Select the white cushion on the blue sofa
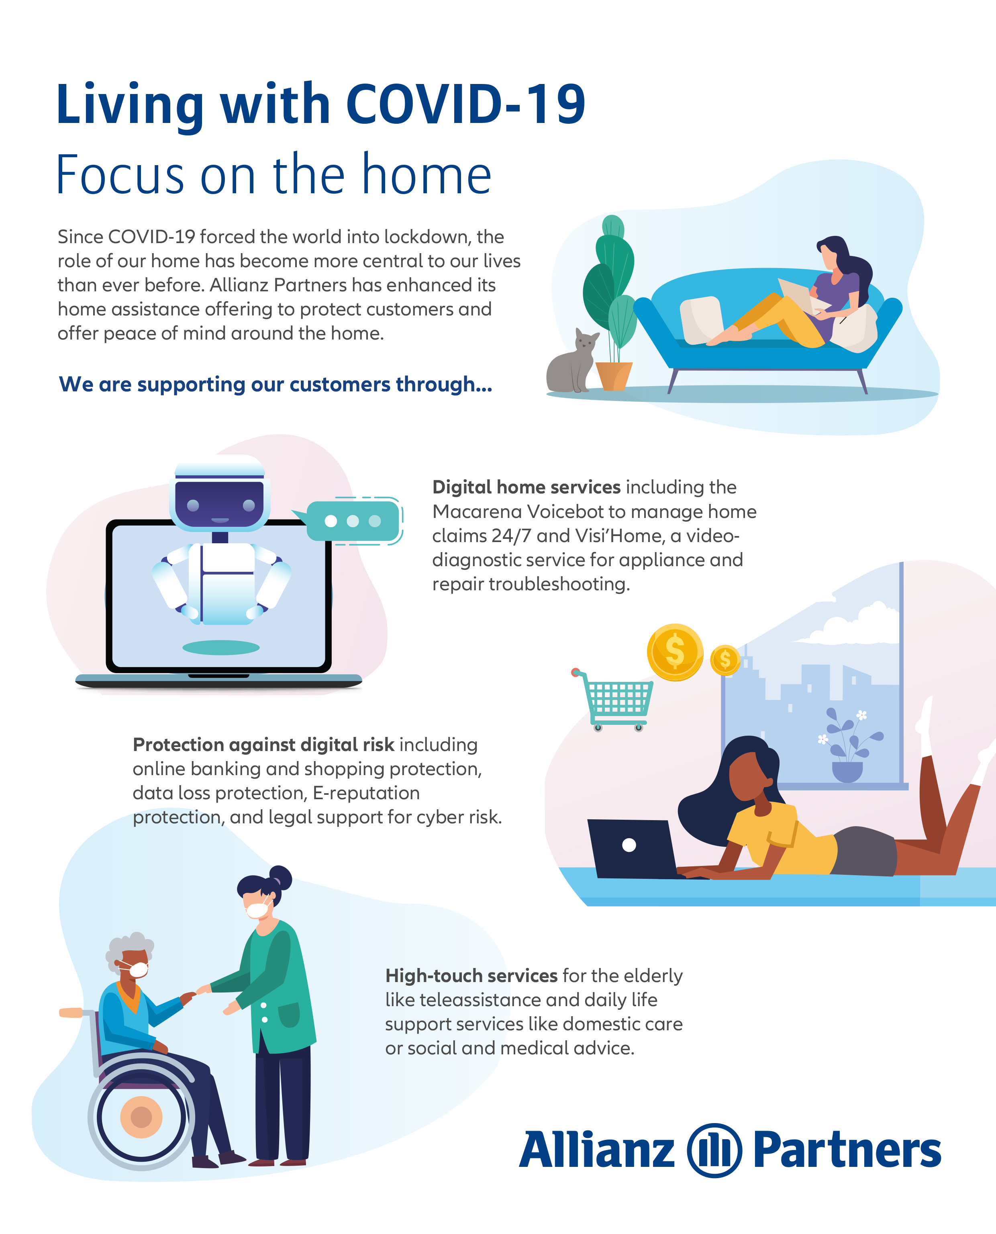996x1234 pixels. (x=701, y=320)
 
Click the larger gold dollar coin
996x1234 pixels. (x=675, y=652)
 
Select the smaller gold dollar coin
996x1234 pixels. (x=725, y=660)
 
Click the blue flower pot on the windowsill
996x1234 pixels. (x=847, y=772)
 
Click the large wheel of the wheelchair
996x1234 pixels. (x=141, y=1117)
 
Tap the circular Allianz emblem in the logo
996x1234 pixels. (x=714, y=1150)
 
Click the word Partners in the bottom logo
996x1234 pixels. (x=847, y=1150)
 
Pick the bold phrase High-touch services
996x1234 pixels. (x=471, y=975)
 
